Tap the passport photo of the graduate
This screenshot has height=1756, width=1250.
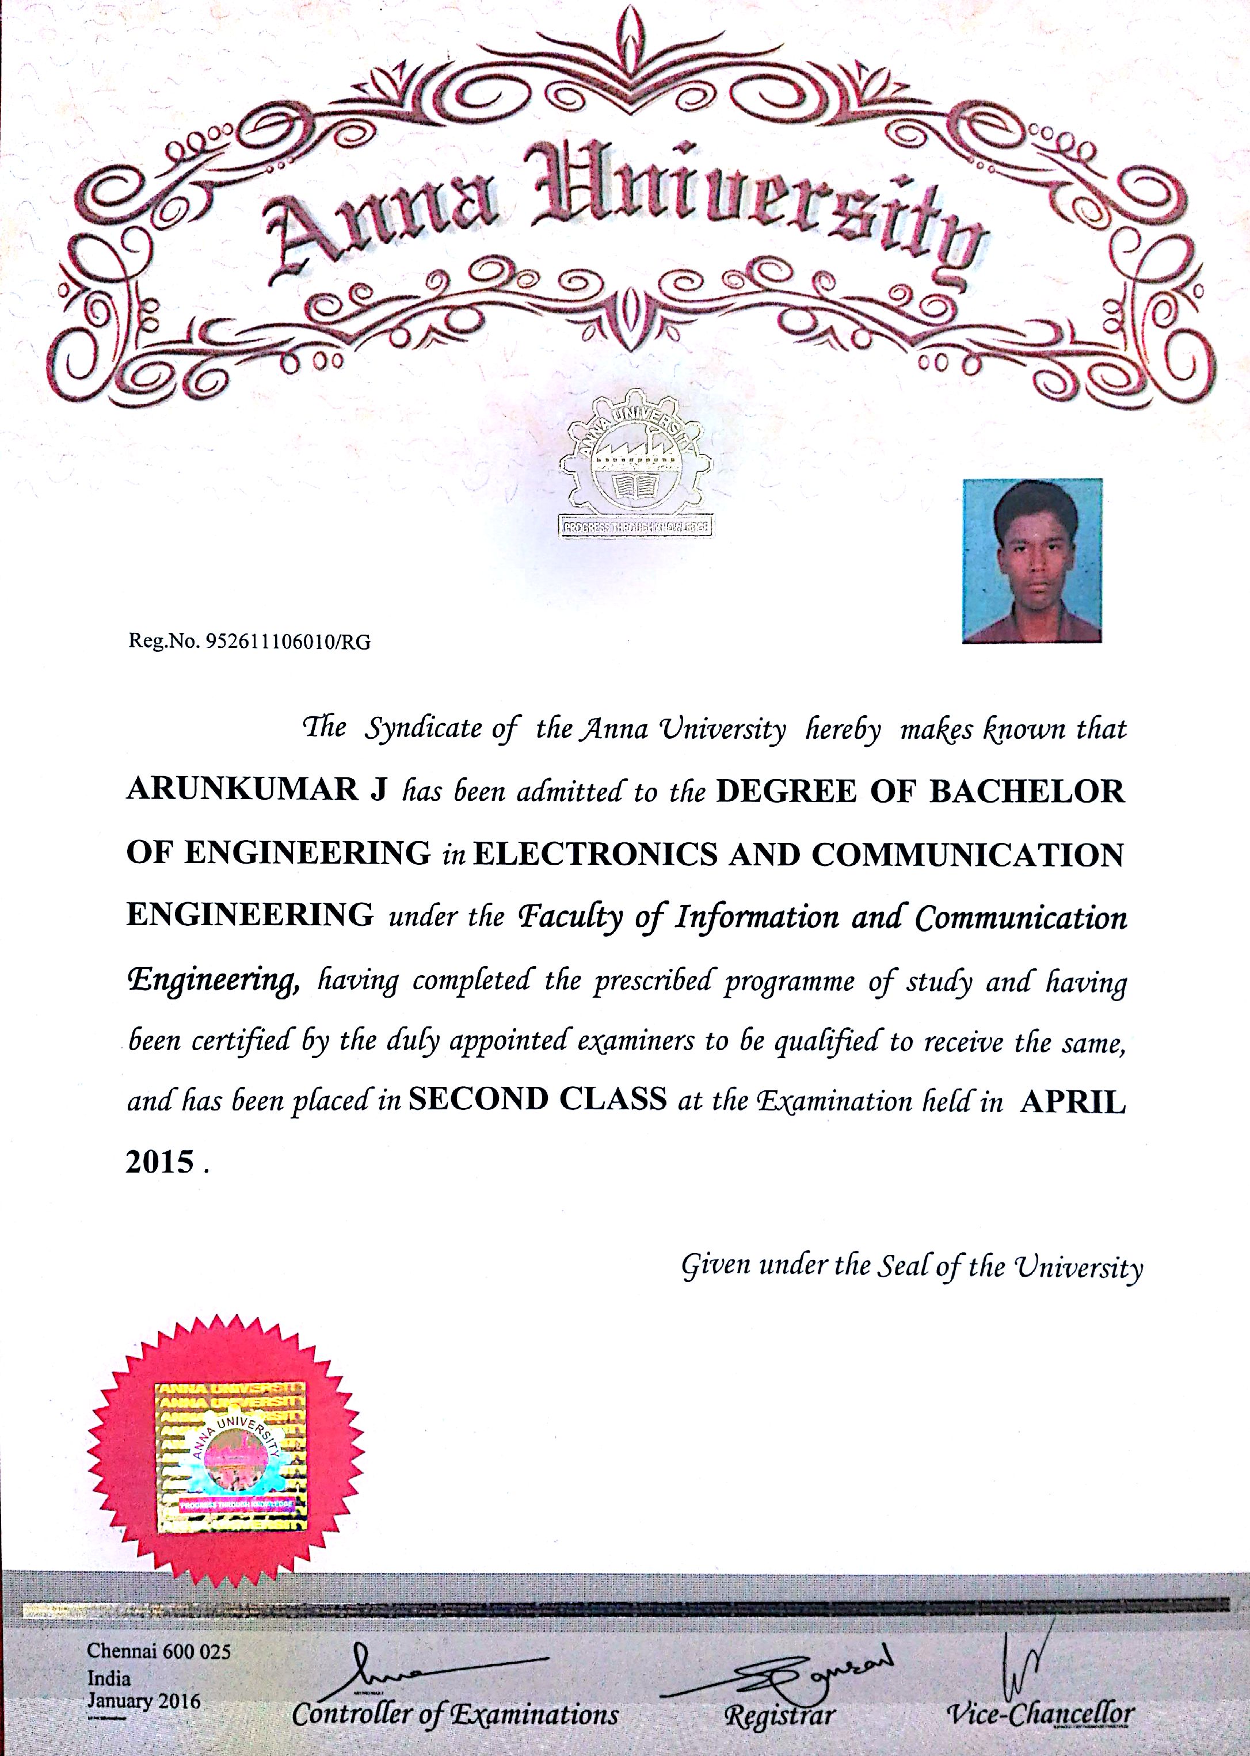tap(1032, 560)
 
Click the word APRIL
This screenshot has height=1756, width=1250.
tap(1072, 1101)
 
